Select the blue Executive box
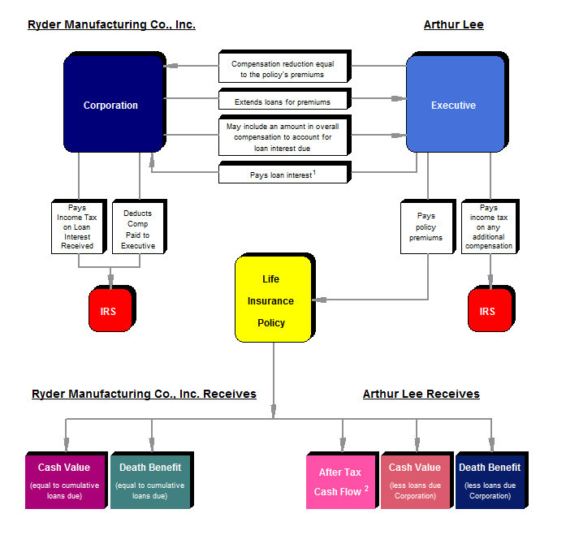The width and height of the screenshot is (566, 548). coord(454,105)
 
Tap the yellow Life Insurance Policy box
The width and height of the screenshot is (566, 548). coord(271,300)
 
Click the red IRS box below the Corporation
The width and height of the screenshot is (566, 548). coord(110,311)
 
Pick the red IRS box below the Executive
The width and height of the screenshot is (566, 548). coord(488,311)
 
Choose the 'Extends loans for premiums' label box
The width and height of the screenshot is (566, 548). coord(283,101)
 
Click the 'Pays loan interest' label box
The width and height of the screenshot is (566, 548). coord(283,174)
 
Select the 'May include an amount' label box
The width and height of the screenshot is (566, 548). coord(283,137)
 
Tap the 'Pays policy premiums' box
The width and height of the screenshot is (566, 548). coord(426,227)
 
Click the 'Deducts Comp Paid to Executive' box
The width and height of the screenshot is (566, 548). coord(137,229)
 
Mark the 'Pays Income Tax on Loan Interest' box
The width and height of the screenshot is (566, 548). coord(77,227)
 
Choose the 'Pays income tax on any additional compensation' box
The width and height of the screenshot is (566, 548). coord(489,227)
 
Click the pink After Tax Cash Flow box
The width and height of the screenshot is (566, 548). coord(340,481)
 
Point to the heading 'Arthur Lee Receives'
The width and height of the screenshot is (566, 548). coord(421,394)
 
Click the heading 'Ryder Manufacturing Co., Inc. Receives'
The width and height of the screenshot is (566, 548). coord(144,394)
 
